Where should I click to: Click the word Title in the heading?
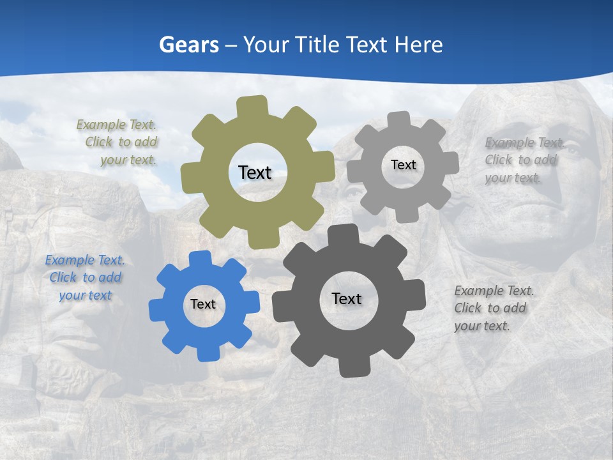317,45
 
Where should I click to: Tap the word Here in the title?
419,45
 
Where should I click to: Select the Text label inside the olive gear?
255,172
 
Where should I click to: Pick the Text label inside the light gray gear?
403,165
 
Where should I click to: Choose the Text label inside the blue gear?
203,304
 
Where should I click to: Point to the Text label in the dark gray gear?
347,298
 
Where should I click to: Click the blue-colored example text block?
85,278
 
